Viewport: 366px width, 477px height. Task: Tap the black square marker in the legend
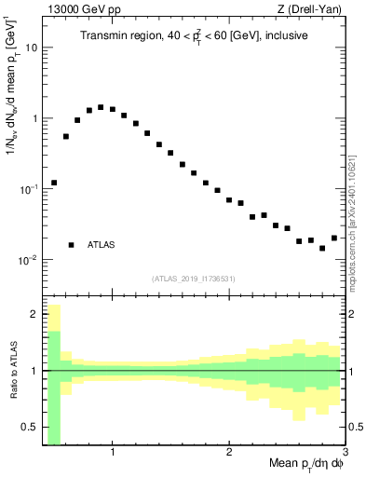[x=71, y=245]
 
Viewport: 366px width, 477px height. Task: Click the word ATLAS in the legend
[x=102, y=245]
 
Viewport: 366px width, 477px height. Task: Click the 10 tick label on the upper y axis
[x=32, y=48]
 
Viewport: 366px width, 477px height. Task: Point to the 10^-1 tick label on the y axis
[x=28, y=188]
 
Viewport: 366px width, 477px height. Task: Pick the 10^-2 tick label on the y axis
[x=28, y=259]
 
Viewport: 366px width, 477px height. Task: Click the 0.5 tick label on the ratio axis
[x=29, y=429]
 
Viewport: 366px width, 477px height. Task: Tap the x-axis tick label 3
[x=345, y=454]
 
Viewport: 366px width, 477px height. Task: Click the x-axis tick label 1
[x=113, y=454]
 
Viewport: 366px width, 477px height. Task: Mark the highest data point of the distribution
[x=101, y=107]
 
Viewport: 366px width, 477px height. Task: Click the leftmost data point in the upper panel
[x=54, y=183]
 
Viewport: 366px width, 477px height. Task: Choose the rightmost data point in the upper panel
[x=334, y=238]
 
